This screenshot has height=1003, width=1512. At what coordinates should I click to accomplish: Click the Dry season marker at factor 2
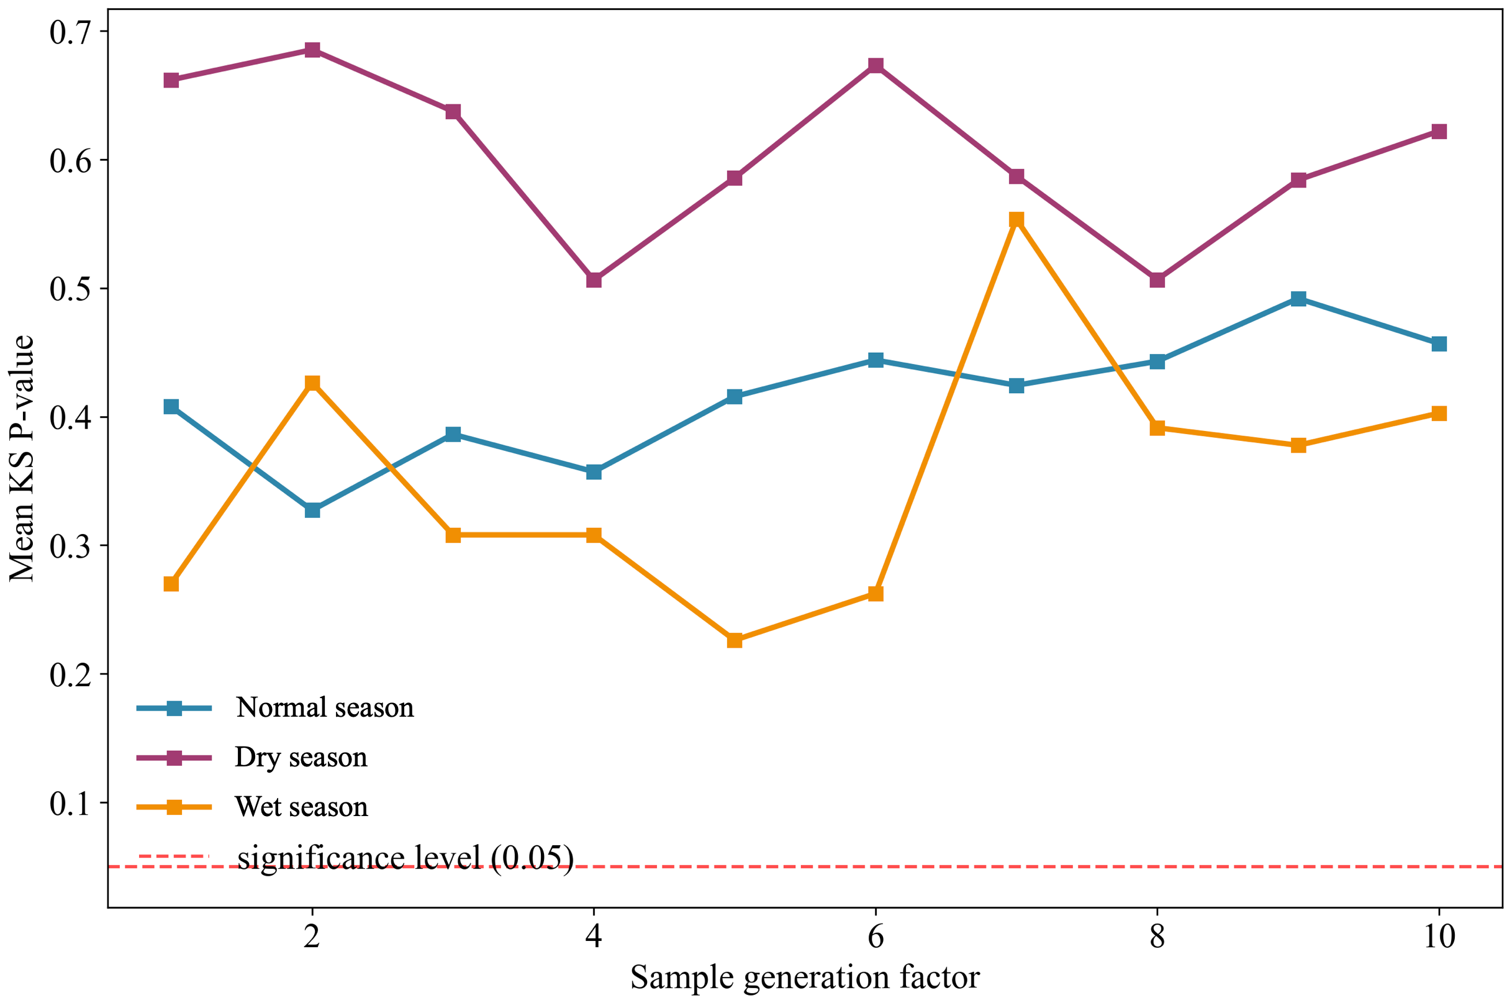tap(312, 50)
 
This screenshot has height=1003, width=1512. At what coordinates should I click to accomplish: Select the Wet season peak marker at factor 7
tap(1016, 220)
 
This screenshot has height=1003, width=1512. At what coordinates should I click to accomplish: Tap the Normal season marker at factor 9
tap(1298, 299)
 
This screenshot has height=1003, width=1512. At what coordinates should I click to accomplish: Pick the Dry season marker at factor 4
tap(594, 280)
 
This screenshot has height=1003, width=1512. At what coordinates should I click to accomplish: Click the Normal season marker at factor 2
tap(312, 510)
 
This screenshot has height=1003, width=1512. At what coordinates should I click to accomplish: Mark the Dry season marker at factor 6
tap(876, 65)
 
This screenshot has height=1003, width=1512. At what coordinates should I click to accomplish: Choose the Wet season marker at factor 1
tap(171, 583)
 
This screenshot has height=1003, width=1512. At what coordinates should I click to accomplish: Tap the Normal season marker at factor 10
tap(1439, 343)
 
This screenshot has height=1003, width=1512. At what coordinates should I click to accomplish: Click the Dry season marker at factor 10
tap(1439, 131)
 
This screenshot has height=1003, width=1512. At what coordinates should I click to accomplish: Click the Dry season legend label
tap(301, 757)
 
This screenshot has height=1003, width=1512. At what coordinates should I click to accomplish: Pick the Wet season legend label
tap(301, 807)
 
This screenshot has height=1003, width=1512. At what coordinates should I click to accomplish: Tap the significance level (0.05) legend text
tap(405, 858)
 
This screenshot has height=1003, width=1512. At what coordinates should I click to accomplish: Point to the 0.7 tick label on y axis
tap(70, 32)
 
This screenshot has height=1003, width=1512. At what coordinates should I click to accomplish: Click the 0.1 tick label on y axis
tap(70, 804)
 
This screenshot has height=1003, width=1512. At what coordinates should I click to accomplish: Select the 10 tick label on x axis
tap(1439, 937)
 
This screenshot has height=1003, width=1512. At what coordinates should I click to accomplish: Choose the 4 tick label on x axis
tap(594, 937)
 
